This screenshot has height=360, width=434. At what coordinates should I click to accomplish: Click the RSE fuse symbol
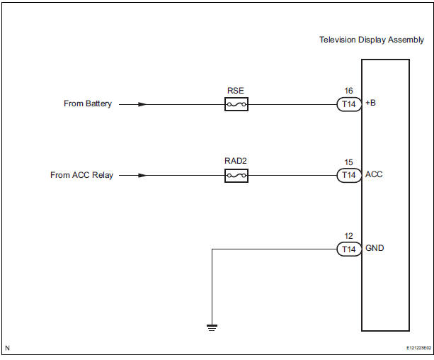click(x=236, y=104)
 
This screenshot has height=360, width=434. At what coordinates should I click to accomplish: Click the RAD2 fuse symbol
click(x=236, y=175)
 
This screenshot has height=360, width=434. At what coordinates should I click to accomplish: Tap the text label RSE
click(x=236, y=90)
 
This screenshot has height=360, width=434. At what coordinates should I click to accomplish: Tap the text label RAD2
click(x=236, y=161)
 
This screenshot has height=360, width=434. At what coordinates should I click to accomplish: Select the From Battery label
click(x=88, y=104)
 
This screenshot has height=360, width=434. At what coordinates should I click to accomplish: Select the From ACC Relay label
click(x=81, y=175)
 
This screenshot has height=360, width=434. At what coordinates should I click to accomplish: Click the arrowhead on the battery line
click(x=143, y=104)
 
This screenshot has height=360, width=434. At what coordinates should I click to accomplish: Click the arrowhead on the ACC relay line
click(x=143, y=175)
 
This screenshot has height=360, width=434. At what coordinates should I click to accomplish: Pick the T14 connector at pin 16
click(x=348, y=104)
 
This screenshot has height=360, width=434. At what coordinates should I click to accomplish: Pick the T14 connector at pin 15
click(x=348, y=175)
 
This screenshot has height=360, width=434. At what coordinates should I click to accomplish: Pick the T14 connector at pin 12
click(x=348, y=249)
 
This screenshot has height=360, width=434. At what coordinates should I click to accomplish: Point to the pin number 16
click(x=347, y=91)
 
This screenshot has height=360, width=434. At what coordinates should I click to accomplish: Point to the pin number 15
click(x=347, y=162)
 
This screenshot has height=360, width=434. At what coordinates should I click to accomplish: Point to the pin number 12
click(x=347, y=236)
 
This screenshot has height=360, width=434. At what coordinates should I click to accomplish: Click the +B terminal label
click(x=371, y=104)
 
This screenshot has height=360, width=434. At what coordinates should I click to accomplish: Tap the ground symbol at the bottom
click(x=211, y=327)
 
